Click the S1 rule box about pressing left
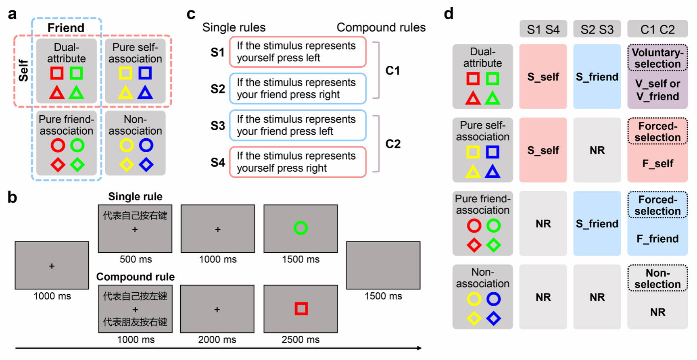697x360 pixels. [298, 52]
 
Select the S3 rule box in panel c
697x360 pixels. [298, 125]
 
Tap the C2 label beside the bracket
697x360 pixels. [392, 144]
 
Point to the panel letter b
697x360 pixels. [13, 197]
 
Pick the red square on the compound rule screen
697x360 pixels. [301, 309]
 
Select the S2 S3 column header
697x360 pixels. [597, 29]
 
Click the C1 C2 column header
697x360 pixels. [657, 29]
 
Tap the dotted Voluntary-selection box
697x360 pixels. [657, 58]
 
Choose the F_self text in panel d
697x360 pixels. [657, 164]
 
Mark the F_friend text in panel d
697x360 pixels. [657, 239]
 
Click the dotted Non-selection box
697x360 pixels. [657, 278]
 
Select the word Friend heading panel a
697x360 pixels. [66, 28]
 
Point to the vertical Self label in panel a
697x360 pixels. [23, 71]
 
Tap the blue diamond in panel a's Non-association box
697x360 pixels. [146, 164]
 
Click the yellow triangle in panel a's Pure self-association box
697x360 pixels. [125, 93]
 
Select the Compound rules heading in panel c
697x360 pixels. [381, 27]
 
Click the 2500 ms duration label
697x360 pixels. [301, 339]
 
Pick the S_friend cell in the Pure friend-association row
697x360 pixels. [597, 223]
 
